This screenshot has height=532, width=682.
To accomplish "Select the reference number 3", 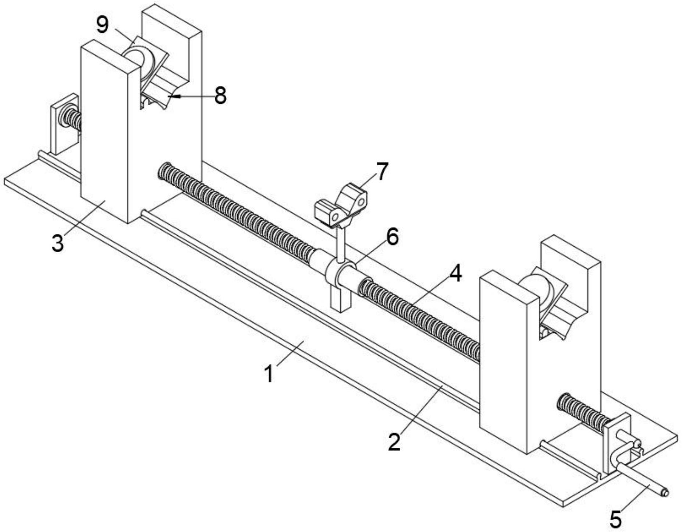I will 58,243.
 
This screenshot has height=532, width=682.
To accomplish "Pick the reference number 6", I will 392,237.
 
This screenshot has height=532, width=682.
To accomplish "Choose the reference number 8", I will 220,96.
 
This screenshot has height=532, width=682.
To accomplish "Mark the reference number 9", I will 103,25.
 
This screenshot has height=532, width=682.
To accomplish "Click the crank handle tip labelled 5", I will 664,492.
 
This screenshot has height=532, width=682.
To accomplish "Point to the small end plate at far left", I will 63,124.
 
